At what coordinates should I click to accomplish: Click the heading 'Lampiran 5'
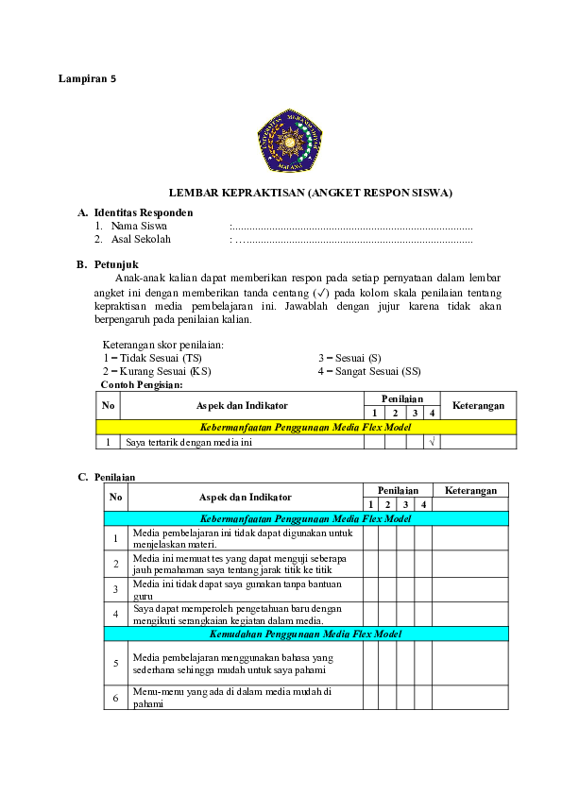[x=87, y=79]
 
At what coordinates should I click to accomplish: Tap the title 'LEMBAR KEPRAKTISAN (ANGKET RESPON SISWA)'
[x=310, y=193]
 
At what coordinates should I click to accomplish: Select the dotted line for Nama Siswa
[x=351, y=227]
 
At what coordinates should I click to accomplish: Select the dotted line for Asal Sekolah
[x=351, y=240]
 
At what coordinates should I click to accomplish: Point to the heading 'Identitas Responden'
[x=143, y=213]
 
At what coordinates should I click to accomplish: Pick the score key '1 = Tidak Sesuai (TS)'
[x=152, y=358]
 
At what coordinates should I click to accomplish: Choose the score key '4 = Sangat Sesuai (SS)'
[x=369, y=371]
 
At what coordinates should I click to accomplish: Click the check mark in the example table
[x=432, y=442]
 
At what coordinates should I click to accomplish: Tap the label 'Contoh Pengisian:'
[x=142, y=384]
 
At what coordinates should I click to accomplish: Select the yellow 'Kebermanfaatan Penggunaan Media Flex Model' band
[x=306, y=427]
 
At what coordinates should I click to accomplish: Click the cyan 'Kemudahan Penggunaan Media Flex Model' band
[x=306, y=634]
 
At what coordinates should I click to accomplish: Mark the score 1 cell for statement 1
[x=371, y=538]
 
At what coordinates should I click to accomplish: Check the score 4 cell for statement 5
[x=423, y=663]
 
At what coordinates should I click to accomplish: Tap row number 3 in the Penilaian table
[x=116, y=589]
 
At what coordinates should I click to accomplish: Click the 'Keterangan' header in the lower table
[x=470, y=491]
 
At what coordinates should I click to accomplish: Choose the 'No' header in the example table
[x=109, y=405]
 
